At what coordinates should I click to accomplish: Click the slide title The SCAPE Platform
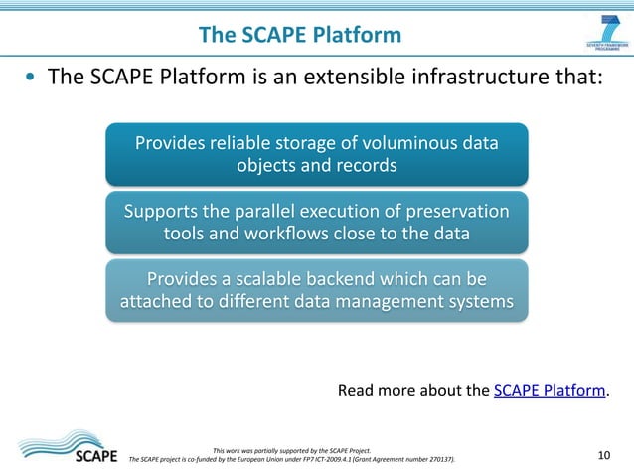(300, 36)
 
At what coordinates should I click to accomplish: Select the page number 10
(603, 455)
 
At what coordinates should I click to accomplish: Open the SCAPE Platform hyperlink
(550, 390)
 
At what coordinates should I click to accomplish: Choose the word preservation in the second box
(456, 212)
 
